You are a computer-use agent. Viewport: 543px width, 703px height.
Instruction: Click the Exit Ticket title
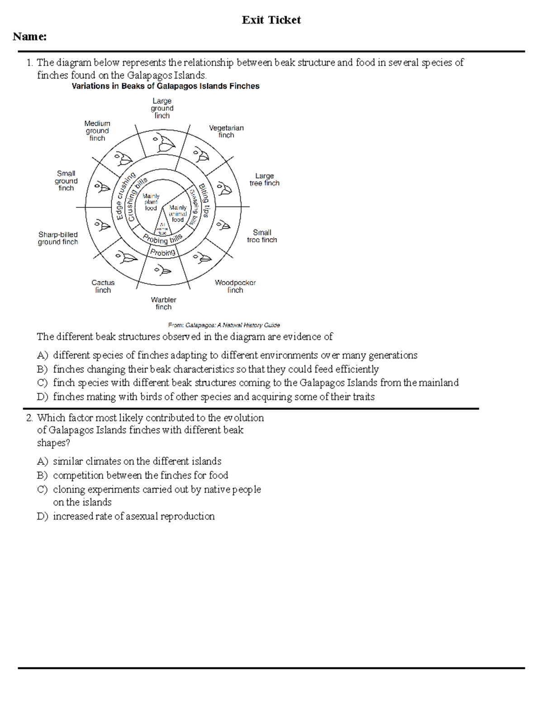[x=271, y=20]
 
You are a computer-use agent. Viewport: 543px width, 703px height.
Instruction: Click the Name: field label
[x=30, y=37]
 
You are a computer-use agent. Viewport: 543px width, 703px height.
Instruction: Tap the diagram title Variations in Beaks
[x=166, y=86]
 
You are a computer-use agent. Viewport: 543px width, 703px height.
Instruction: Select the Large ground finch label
[x=162, y=108]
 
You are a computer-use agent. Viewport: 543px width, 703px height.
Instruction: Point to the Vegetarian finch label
[x=226, y=131]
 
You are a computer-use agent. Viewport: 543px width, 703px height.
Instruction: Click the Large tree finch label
[x=264, y=179]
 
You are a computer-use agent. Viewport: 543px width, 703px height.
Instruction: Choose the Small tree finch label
[x=262, y=236]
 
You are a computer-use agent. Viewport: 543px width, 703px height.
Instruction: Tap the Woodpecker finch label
[x=235, y=286]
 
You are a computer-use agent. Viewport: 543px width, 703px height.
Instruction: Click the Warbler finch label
[x=163, y=303]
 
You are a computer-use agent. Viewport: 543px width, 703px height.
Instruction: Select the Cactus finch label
[x=103, y=286]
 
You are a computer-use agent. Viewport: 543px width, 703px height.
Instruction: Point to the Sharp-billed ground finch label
[x=58, y=238]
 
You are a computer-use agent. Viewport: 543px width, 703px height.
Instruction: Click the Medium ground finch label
[x=97, y=131]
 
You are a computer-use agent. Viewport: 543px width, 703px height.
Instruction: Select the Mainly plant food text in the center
[x=151, y=202]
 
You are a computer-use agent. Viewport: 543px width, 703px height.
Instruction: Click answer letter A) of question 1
[x=42, y=355]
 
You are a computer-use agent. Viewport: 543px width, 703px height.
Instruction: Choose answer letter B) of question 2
[x=42, y=475]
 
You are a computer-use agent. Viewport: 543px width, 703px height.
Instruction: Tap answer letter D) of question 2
[x=42, y=516]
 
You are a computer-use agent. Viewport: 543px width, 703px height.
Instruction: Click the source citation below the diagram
[x=224, y=325]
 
